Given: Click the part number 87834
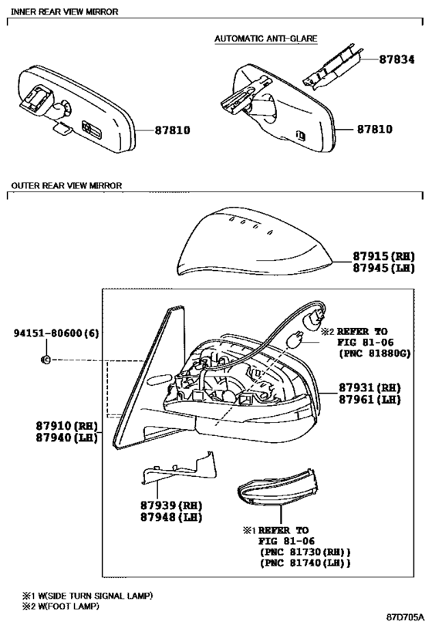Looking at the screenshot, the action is [x=397, y=59].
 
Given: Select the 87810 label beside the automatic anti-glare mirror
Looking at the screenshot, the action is [x=374, y=130].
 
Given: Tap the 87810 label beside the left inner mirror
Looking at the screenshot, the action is [x=172, y=130].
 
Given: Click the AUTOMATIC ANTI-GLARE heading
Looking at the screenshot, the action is [x=265, y=39].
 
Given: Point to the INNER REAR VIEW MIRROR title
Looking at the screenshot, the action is [x=65, y=12].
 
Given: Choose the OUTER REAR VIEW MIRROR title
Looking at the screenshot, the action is [x=66, y=186].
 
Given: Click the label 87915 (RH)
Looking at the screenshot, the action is [x=383, y=256].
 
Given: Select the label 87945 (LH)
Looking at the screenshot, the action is [x=383, y=268].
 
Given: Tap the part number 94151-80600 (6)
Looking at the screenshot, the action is [x=56, y=333].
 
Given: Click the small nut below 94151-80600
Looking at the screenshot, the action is [x=46, y=359].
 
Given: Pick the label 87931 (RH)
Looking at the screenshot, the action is [x=370, y=387].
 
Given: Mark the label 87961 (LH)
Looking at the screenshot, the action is [x=370, y=400].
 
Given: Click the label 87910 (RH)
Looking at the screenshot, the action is [x=67, y=426].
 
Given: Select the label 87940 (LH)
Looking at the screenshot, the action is [x=67, y=438].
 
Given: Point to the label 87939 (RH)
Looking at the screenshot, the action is [x=171, y=505].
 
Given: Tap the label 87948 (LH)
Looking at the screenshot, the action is [x=171, y=517].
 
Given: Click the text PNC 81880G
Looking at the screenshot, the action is [x=374, y=353].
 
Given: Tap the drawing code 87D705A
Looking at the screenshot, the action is [x=406, y=617].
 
